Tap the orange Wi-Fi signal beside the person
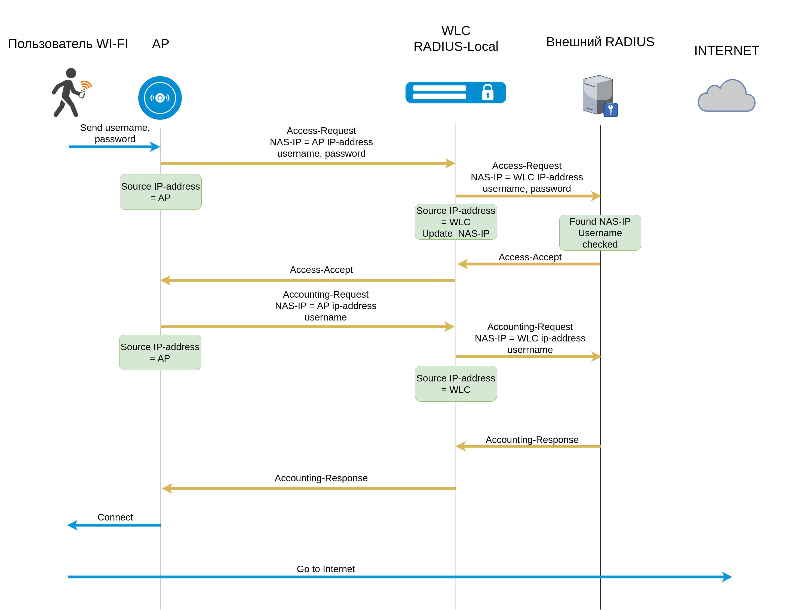[x=86, y=85]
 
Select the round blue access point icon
[x=160, y=98]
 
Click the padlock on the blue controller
[x=487, y=92]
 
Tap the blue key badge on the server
[x=610, y=110]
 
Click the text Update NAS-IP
[x=456, y=233]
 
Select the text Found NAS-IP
[x=600, y=221]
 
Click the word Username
[x=600, y=233]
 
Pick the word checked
[x=600, y=244]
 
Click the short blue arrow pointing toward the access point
[x=114, y=147]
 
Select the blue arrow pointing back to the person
[x=114, y=525]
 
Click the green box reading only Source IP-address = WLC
[x=456, y=384]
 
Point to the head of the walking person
[x=71, y=73]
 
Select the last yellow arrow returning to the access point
[x=309, y=488]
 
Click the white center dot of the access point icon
[x=160, y=98]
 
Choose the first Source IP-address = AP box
[x=161, y=192]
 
